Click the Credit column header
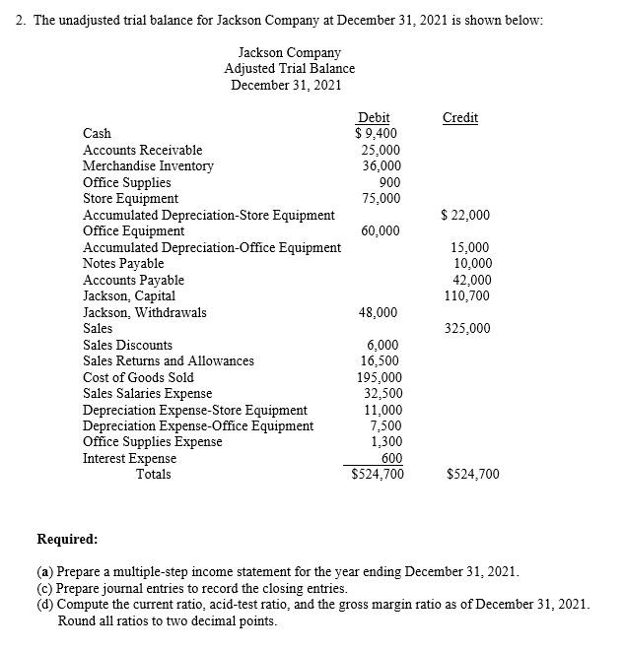click(x=460, y=117)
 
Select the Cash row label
click(x=98, y=133)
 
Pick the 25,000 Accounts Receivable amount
click(x=381, y=150)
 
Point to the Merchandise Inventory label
click(x=148, y=165)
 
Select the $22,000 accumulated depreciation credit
click(x=465, y=215)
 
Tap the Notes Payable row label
click(x=123, y=263)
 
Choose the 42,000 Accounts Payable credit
click(x=472, y=280)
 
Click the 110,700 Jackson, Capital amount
click(x=468, y=295)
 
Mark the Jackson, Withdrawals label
click(x=145, y=312)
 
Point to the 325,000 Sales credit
click(x=468, y=329)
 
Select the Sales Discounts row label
click(x=127, y=345)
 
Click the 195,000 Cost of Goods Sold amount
click(x=379, y=377)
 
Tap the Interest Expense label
click(x=130, y=458)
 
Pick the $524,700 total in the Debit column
click(x=378, y=475)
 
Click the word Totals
click(x=153, y=475)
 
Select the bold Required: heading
click(x=67, y=540)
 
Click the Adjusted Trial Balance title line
click(x=289, y=68)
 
